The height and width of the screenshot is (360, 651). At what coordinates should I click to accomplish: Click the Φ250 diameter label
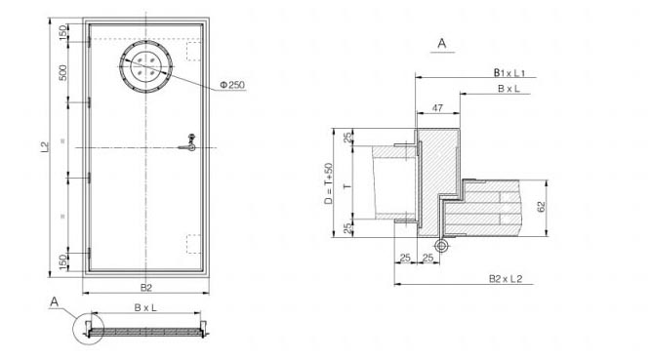pyautogui.click(x=232, y=85)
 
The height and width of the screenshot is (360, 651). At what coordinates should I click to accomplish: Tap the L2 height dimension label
pyautogui.click(x=45, y=146)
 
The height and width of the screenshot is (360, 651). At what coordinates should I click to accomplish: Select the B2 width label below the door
pyautogui.click(x=145, y=288)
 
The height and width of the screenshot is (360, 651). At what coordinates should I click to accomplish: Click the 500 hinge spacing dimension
pyautogui.click(x=62, y=73)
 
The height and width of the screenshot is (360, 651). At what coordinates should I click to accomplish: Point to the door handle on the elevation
pyautogui.click(x=188, y=144)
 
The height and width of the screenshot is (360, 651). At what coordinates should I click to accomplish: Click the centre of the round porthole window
pyautogui.click(x=145, y=66)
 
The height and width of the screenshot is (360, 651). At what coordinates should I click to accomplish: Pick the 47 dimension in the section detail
pyautogui.click(x=437, y=108)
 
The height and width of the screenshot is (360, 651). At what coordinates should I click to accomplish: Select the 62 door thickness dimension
pyautogui.click(x=541, y=207)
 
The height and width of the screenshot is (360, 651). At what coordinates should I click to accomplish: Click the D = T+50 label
pyautogui.click(x=328, y=183)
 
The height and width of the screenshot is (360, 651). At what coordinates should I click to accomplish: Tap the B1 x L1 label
pyautogui.click(x=509, y=72)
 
